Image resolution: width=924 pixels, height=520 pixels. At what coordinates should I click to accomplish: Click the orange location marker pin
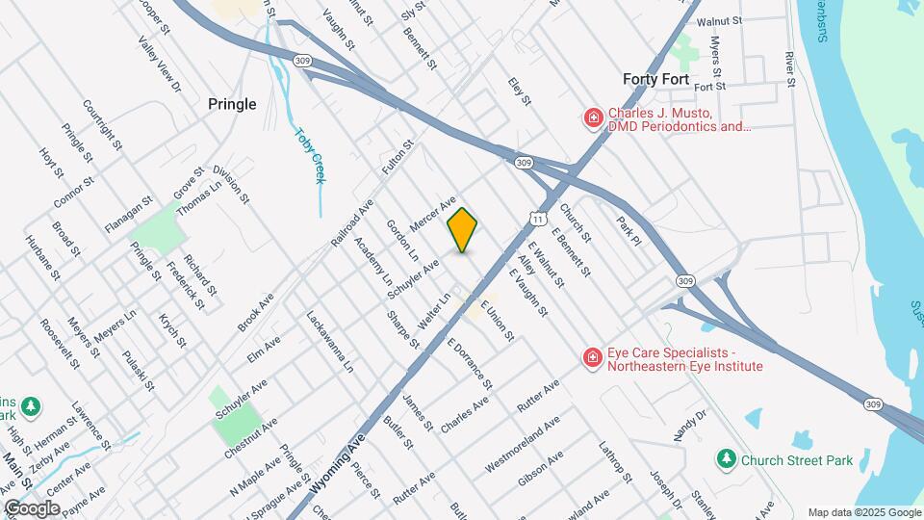(x=462, y=230)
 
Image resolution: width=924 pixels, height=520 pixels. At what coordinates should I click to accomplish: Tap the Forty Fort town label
(x=655, y=79)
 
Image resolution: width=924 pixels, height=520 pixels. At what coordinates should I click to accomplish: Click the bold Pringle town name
(x=232, y=104)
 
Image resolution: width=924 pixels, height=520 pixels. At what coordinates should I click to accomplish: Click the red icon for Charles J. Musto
(x=594, y=118)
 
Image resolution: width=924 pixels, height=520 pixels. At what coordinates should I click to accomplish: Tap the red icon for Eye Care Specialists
(x=594, y=358)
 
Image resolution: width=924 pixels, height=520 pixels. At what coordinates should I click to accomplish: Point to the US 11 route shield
(x=539, y=218)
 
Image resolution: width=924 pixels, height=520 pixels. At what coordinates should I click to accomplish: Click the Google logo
(x=32, y=507)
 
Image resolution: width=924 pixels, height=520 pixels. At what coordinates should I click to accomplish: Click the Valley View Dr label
(x=160, y=65)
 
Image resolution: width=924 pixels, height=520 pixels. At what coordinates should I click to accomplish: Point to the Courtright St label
(x=102, y=126)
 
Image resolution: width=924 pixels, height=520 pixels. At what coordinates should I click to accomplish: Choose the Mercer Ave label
(x=432, y=214)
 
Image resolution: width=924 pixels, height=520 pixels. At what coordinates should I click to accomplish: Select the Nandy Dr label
(x=690, y=425)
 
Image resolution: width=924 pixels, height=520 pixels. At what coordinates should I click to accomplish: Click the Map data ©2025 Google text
(x=863, y=512)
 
